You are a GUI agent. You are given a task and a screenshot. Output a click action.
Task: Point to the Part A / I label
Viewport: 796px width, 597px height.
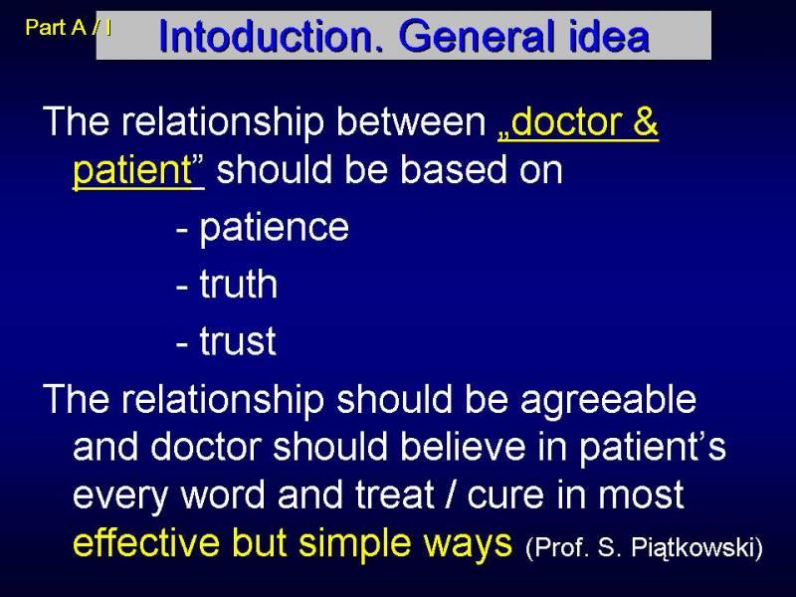(x=69, y=27)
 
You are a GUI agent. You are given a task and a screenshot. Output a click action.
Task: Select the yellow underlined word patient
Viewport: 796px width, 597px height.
(x=132, y=170)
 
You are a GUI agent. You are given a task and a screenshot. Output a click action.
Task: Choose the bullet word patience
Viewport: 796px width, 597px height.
(x=275, y=229)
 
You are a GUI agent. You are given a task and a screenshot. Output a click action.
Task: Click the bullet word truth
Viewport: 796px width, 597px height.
(x=238, y=284)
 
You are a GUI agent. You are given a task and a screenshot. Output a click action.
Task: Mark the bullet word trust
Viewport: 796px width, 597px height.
(x=238, y=340)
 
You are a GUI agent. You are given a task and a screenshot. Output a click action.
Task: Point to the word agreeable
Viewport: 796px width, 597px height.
(x=608, y=401)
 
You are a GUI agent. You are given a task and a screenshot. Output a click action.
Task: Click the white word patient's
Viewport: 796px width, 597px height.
(x=653, y=448)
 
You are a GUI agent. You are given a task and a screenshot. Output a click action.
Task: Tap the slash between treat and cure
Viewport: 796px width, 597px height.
(x=450, y=494)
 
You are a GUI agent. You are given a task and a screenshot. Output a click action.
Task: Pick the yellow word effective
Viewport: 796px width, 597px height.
(x=146, y=542)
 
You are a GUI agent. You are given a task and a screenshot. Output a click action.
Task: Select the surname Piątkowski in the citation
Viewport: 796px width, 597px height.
(x=696, y=548)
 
